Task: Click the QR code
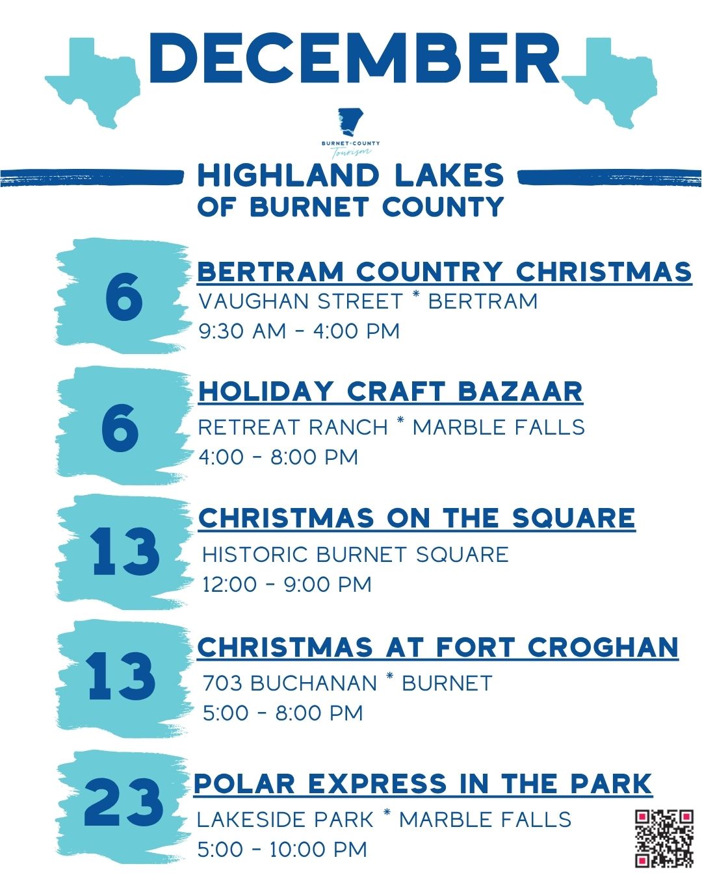664,838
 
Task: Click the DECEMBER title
354,58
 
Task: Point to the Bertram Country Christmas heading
444,272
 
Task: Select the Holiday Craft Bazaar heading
390,392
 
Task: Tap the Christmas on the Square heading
417,518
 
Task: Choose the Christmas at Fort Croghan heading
437,647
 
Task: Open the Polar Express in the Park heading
422,783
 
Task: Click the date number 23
123,803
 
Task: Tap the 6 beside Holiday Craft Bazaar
120,427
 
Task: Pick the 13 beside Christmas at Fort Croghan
122,677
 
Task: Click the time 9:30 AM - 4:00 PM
299,331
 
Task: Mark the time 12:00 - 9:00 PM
287,584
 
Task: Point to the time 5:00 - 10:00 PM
282,849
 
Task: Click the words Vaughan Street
300,301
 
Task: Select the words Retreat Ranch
292,427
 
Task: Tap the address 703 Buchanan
290,683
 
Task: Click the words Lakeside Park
285,820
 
